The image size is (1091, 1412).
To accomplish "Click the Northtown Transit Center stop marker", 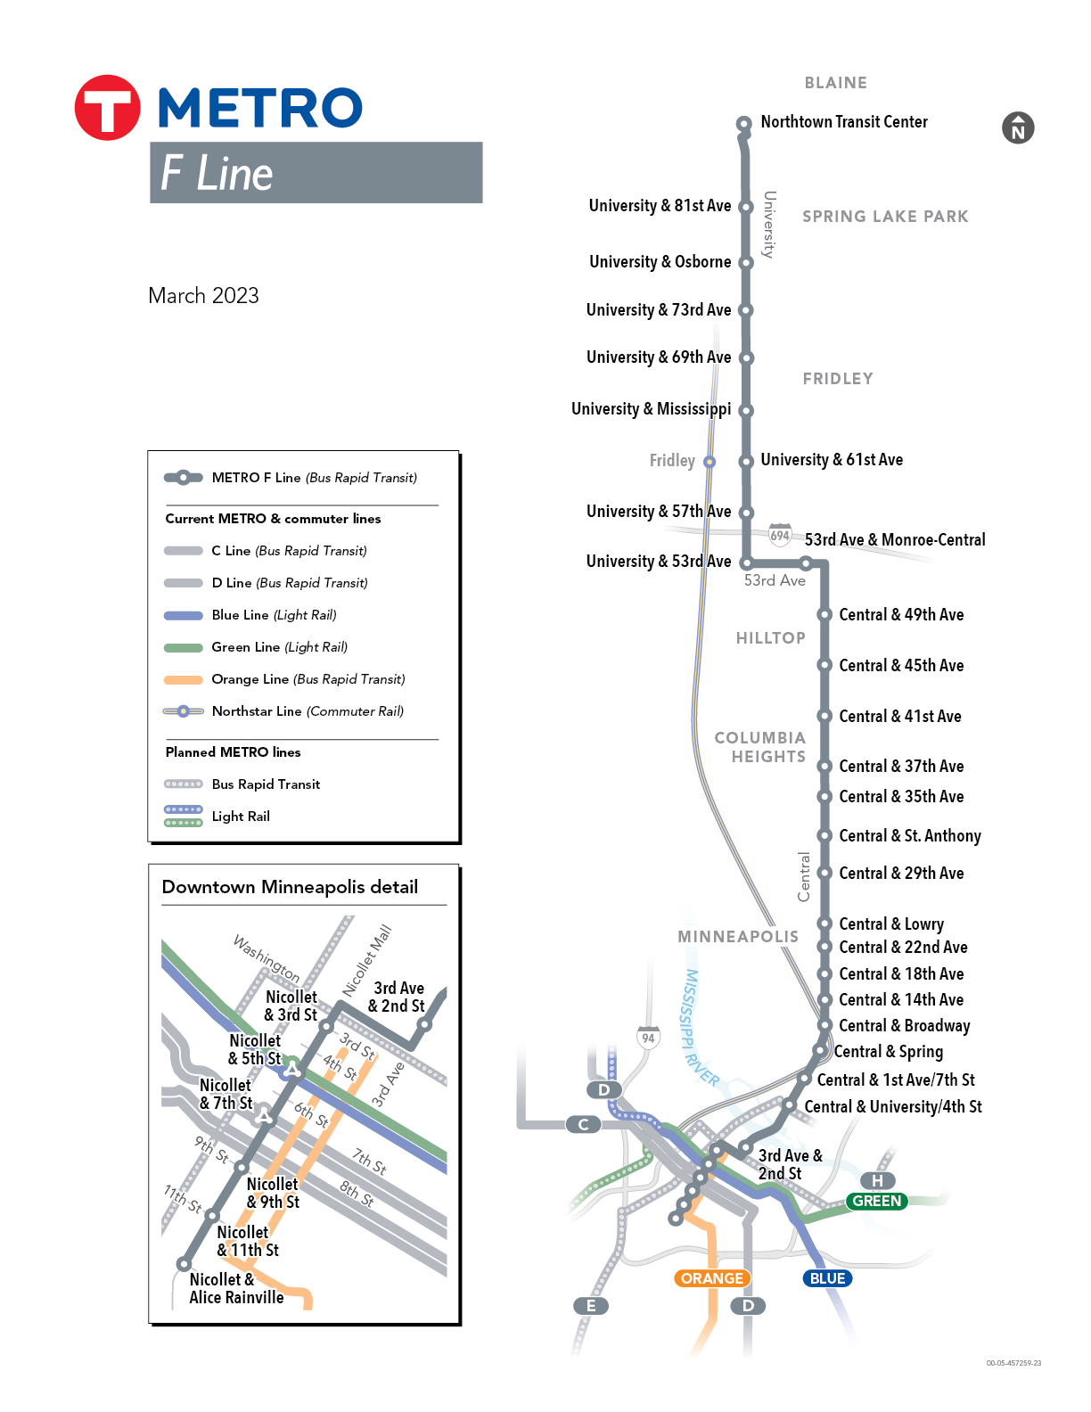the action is pos(744,123).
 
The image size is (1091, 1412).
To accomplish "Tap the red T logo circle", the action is pos(107,107).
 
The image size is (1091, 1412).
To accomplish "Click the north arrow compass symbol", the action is pos(1018,128).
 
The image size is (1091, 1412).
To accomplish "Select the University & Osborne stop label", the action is pos(660,262).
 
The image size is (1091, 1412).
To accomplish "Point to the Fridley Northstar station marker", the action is pos(710,462).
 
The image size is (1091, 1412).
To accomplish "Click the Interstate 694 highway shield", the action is pos(780,535).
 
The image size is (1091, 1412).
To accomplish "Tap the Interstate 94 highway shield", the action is pos(648,1038).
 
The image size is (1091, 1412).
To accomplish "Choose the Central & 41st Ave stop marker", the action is pos(824,716).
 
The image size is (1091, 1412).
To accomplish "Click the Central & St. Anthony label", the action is pos(910,835).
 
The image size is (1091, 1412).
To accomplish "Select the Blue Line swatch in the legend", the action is pos(184,615).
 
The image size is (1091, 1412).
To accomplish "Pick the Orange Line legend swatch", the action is pos(184,679).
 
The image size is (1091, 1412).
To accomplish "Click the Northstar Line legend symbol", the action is pos(184,710).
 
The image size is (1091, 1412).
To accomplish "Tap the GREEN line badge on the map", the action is pos(876,1201).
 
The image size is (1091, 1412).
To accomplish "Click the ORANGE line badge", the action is pos(712,1278).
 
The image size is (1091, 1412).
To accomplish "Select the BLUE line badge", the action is pos(827,1278).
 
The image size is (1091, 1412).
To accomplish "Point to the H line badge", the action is pos(877,1180).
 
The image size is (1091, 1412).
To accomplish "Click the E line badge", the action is pos(591,1305).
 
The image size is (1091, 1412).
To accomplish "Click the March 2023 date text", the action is pos(203,296).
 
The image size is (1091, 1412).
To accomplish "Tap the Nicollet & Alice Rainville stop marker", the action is pos(185,1265).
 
